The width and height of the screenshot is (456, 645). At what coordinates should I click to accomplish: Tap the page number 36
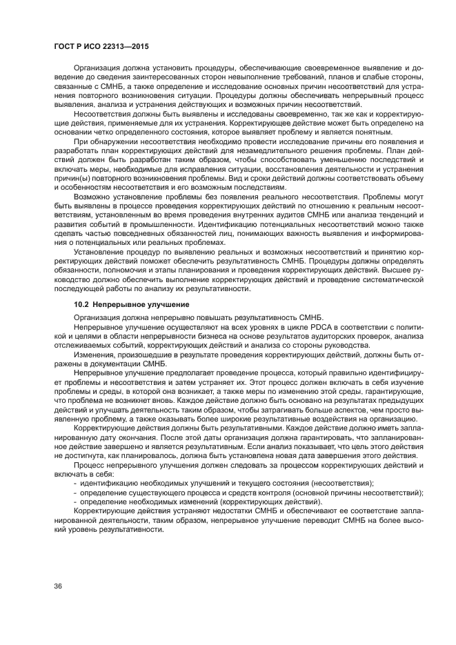pos(59,586)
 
